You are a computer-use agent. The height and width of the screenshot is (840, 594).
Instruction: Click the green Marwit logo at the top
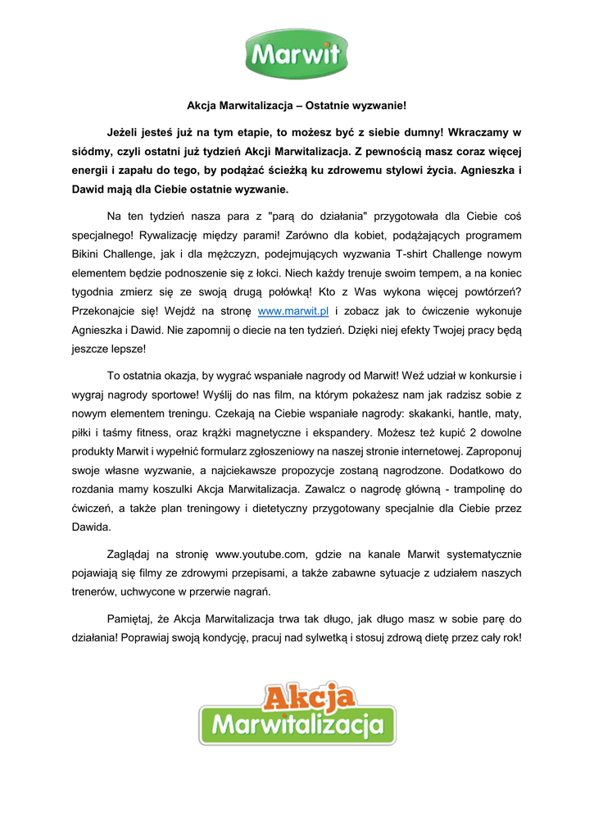point(297,54)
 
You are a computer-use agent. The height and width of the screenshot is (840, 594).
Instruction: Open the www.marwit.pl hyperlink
point(292,312)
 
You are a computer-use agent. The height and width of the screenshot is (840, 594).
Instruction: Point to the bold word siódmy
point(90,152)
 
